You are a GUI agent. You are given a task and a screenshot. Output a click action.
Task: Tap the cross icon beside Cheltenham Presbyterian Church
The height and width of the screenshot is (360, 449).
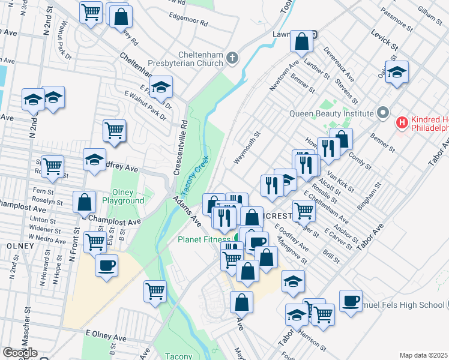[232, 58]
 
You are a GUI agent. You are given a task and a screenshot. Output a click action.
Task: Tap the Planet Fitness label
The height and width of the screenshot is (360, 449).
[204, 239]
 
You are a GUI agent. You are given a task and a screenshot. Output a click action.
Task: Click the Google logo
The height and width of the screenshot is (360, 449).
[20, 353]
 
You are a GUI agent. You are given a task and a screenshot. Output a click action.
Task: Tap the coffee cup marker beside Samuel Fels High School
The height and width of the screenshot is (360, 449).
[351, 300]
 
